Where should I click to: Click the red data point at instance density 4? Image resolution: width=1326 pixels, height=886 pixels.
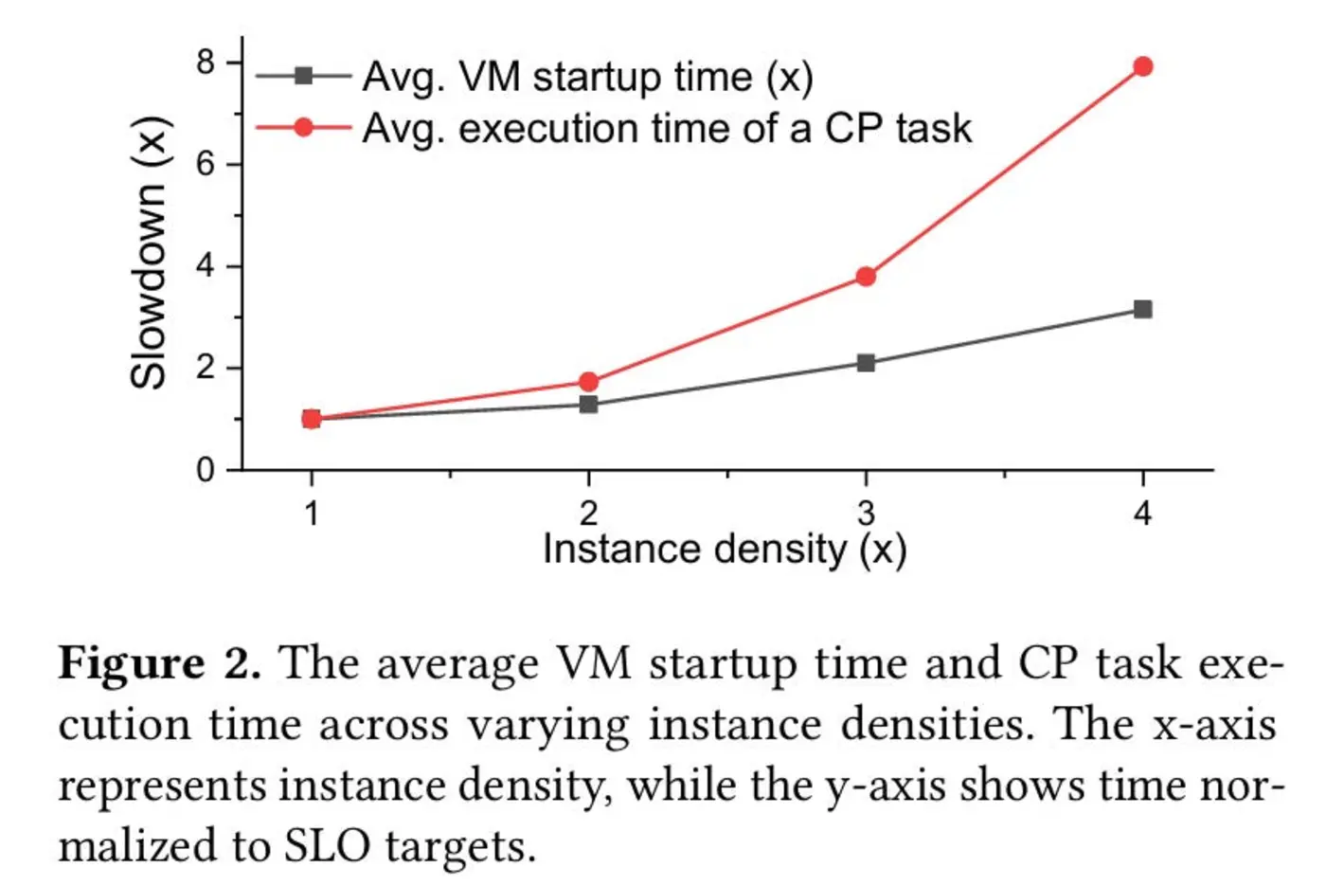coord(1142,66)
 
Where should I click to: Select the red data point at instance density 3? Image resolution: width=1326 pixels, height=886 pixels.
coord(866,277)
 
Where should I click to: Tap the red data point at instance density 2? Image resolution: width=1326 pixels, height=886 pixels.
coord(588,382)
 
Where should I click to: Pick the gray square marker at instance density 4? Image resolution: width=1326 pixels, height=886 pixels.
coord(1142,310)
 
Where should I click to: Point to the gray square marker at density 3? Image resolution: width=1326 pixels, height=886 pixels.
coord(866,363)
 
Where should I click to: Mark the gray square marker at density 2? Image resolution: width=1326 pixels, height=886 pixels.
coord(588,405)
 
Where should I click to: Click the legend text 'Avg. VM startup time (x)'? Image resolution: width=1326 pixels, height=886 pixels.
coord(587,77)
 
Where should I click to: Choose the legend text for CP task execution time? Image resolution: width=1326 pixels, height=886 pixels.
coord(667,128)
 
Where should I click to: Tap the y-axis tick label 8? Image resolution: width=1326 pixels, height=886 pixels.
coord(206,63)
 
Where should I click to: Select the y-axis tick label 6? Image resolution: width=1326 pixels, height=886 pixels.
coord(206,165)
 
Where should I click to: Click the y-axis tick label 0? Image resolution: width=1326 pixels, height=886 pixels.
coord(206,470)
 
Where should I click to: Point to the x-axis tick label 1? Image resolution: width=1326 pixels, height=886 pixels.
coord(311,514)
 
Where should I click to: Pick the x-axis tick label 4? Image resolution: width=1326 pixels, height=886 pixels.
coord(1142,514)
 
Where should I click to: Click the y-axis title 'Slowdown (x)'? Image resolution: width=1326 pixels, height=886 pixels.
coord(149,252)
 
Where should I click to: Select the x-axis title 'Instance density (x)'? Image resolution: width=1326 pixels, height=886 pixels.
coord(725,550)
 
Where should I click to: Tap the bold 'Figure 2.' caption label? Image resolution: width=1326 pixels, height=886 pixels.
coord(159,662)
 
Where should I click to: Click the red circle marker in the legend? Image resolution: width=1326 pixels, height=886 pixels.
coord(303,127)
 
